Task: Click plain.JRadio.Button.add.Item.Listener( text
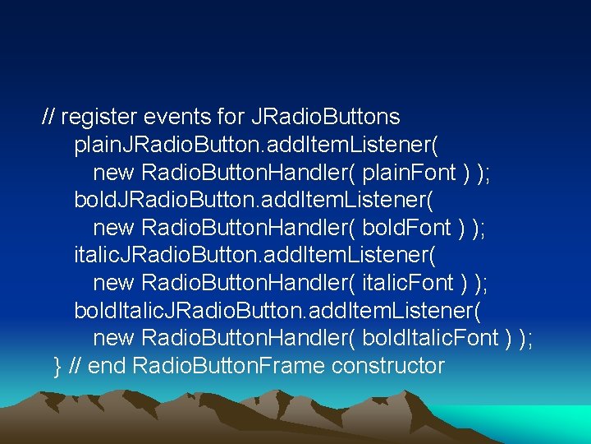tap(255, 146)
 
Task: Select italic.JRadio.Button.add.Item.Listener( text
tap(254, 256)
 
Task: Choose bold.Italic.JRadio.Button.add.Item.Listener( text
tap(278, 311)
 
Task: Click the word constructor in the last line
tap(388, 366)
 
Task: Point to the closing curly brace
tap(57, 366)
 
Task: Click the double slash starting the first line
tap(48, 118)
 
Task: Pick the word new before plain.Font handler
tap(114, 173)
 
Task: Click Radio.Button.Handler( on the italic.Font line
tap(249, 283)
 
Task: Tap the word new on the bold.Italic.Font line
tap(114, 338)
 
